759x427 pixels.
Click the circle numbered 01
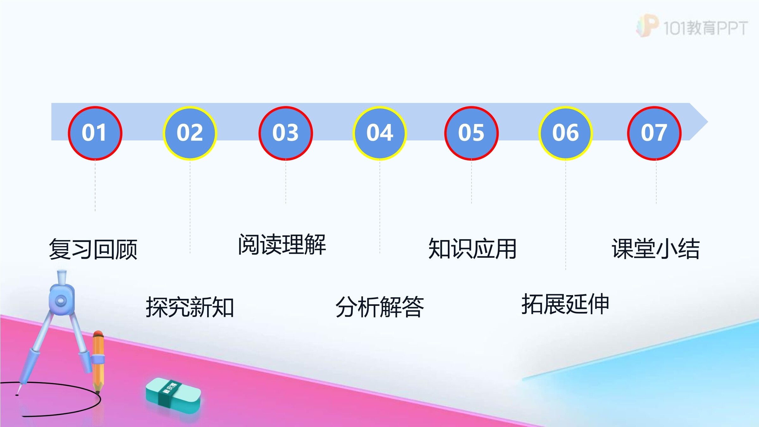coord(95,133)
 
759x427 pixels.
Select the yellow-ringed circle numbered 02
coord(190,133)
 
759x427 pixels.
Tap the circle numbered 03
coord(286,133)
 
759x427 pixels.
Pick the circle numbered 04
coord(380,133)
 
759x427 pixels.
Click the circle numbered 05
coord(471,133)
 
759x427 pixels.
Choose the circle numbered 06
coord(565,133)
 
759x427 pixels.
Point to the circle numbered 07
coord(654,133)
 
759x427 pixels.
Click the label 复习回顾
coord(93,249)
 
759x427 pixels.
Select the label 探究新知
coord(190,307)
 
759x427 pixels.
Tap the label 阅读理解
coord(282,244)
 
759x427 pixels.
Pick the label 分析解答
coord(379,307)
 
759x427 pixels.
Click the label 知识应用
coord(472,249)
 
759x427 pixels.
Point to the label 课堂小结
coord(656,249)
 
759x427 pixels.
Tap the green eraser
coord(173,395)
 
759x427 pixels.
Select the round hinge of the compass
coord(61,300)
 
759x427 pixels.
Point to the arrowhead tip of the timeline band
coord(707,122)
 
